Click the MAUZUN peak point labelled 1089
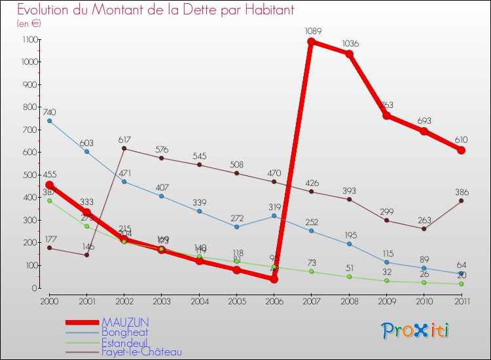coord(311,42)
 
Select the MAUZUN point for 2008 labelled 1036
coord(349,54)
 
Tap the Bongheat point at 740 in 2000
coord(49,121)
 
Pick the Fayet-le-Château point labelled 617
coord(124,149)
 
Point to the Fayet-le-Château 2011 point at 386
coord(461,200)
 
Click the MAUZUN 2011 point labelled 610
coord(461,150)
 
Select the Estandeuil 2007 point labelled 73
coord(311,271)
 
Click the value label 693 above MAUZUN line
coord(424,121)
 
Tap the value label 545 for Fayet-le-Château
coord(199,156)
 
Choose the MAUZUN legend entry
coord(125,322)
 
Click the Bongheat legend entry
coord(124,332)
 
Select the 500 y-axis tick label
coord(29,175)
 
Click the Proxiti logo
coord(416,331)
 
